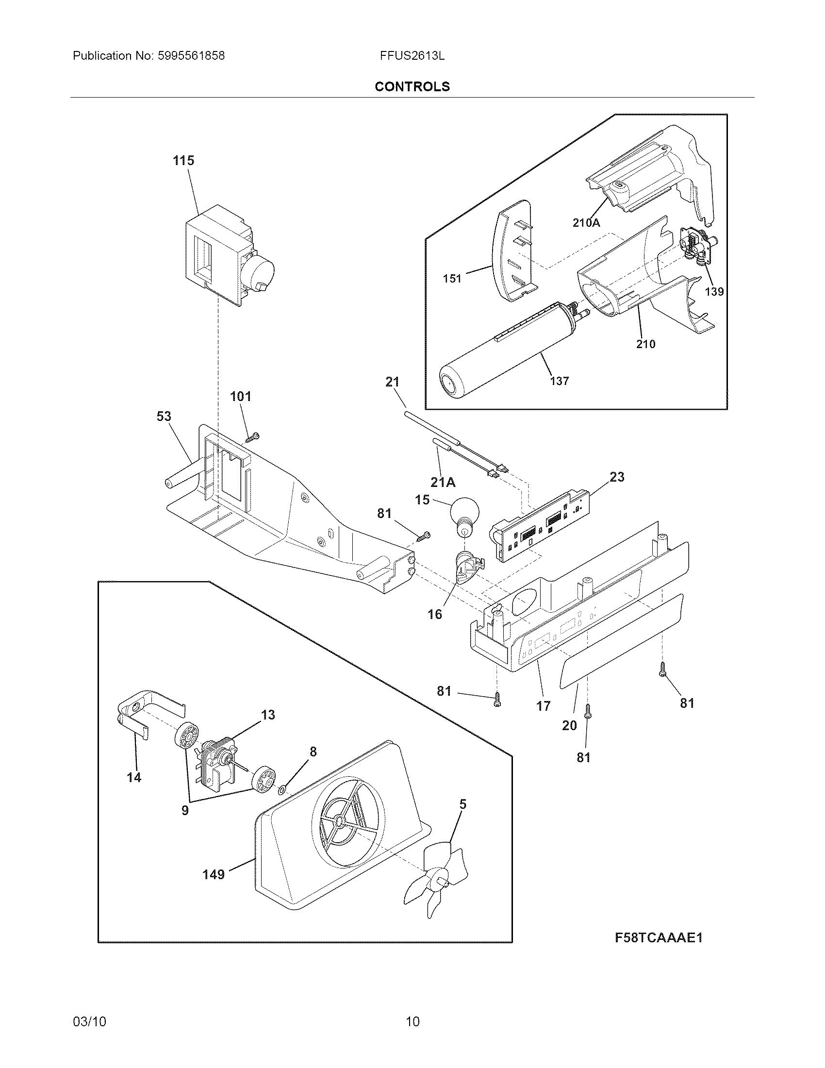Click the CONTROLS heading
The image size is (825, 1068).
[412, 86]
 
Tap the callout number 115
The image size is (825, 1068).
[183, 160]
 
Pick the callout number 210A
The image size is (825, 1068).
[586, 223]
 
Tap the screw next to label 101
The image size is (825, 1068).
[253, 437]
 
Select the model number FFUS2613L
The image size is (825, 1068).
[412, 56]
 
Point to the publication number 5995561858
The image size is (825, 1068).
[191, 56]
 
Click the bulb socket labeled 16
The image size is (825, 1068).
[466, 567]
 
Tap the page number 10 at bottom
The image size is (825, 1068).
[412, 1021]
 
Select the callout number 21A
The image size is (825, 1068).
[443, 483]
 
